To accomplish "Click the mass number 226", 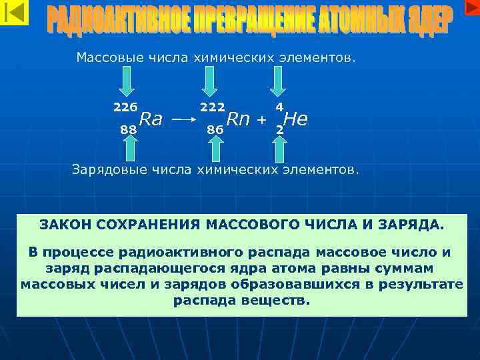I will point(125,107).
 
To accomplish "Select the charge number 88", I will point(129,130).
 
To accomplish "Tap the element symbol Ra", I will point(151,119).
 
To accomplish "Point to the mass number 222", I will point(212,107).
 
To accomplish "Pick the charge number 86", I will point(215,130).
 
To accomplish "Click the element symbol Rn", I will point(238,119).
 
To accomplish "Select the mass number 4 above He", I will point(279,107).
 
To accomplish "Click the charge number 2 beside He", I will point(279,130).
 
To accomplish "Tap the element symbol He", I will point(295,119).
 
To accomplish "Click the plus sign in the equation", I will point(262,120).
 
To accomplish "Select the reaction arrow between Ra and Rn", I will point(182,121).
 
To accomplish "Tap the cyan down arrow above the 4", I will point(277,84).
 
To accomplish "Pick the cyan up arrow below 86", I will point(215,150).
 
